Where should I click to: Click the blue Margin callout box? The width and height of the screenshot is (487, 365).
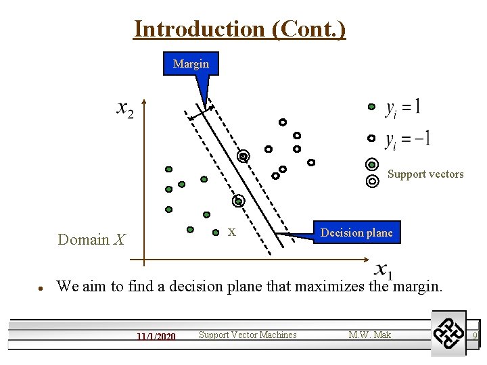pyautogui.click(x=191, y=64)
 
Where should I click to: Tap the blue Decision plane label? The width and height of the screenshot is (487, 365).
pyautogui.click(x=356, y=233)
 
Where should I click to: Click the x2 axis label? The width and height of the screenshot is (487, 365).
pyautogui.click(x=125, y=109)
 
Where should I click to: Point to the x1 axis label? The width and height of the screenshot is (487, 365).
pyautogui.click(x=383, y=270)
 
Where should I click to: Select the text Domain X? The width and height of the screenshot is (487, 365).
pyautogui.click(x=91, y=239)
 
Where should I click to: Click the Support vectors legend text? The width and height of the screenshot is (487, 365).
pyautogui.click(x=425, y=174)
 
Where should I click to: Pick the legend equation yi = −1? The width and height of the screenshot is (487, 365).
pyautogui.click(x=407, y=140)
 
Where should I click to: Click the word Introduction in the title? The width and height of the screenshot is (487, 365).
pyautogui.click(x=189, y=29)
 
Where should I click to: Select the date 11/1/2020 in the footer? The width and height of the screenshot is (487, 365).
pyautogui.click(x=156, y=336)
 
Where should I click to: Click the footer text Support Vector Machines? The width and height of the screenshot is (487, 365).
pyautogui.click(x=248, y=335)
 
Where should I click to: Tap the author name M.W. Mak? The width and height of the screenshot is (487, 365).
pyautogui.click(x=369, y=335)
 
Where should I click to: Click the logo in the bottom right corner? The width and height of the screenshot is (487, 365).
pyautogui.click(x=448, y=333)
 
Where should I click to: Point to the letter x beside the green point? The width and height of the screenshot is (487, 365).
pyautogui.click(x=231, y=232)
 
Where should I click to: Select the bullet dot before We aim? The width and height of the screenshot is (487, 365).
pyautogui.click(x=41, y=287)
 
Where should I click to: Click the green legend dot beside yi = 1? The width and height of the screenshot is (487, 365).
pyautogui.click(x=371, y=107)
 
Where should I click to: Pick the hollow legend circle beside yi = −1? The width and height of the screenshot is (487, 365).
pyautogui.click(x=371, y=138)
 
